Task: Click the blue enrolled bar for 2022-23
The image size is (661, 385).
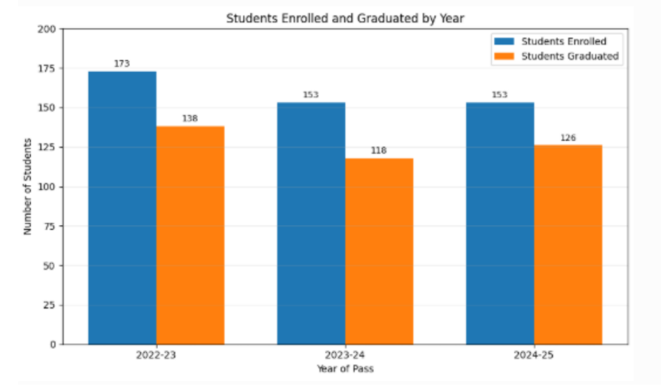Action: click(x=122, y=208)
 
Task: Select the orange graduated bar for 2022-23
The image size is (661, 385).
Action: click(x=190, y=235)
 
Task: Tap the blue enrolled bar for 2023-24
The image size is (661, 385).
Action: click(x=311, y=224)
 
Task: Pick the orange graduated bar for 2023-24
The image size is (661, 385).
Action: click(x=379, y=252)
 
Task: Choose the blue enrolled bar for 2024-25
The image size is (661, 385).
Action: click(x=500, y=224)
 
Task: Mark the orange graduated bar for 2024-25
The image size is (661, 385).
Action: click(x=568, y=245)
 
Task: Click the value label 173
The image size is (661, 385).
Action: click(x=122, y=64)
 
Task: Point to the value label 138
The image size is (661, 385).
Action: click(x=189, y=119)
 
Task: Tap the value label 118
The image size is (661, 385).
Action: click(x=379, y=150)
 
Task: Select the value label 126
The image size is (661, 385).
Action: click(x=568, y=138)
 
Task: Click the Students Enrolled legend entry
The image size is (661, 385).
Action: click(x=550, y=41)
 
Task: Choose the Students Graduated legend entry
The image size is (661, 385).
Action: click(x=556, y=56)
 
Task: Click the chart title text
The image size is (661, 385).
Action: click(x=345, y=19)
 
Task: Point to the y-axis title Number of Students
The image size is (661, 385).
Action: click(x=27, y=187)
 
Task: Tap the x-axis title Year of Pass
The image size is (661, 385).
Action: click(x=345, y=368)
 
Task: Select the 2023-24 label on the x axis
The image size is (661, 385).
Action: click(x=345, y=355)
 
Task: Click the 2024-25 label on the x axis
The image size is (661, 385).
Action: click(x=534, y=355)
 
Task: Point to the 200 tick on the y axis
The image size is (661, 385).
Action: click(x=46, y=29)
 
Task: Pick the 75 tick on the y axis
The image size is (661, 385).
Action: click(x=50, y=226)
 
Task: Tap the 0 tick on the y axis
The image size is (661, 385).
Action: click(x=52, y=344)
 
